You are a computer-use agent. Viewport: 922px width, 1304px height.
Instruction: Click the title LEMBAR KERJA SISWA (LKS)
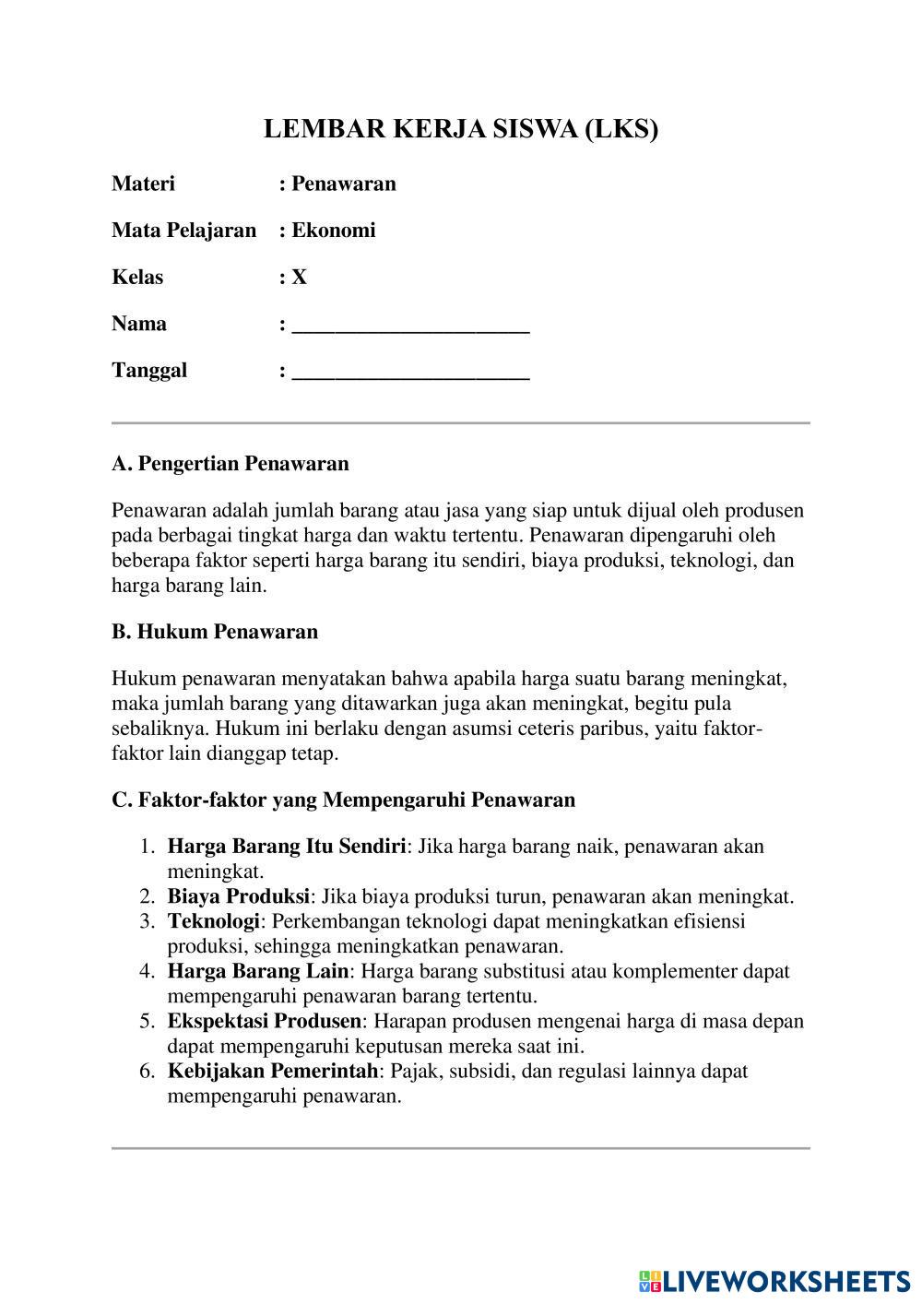[x=461, y=128]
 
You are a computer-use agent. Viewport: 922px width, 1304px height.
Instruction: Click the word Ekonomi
[x=334, y=231]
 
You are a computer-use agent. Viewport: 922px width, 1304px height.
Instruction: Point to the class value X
[x=300, y=277]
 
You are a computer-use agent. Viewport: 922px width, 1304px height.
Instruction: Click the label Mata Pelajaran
[x=183, y=231]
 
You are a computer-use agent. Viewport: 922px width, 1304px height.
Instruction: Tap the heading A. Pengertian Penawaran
[x=230, y=463]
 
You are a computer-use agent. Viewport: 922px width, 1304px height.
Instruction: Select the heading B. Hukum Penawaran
[x=215, y=632]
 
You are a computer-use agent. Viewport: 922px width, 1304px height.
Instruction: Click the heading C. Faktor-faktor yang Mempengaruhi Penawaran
[x=343, y=800]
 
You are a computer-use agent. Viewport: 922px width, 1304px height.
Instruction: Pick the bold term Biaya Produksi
[x=238, y=896]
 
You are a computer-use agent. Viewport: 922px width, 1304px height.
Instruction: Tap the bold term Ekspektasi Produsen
[x=265, y=1021]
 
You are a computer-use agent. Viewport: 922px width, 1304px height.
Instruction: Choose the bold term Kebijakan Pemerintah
[x=273, y=1071]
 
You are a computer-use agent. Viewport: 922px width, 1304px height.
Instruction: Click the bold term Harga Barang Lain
[x=258, y=971]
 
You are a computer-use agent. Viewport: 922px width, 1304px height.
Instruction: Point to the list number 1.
[x=146, y=847]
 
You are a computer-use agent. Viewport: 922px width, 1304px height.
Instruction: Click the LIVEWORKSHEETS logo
[x=774, y=1280]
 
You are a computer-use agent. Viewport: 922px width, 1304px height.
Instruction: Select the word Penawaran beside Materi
[x=344, y=184]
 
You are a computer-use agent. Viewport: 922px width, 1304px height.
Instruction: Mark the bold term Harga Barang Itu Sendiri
[x=287, y=847]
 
